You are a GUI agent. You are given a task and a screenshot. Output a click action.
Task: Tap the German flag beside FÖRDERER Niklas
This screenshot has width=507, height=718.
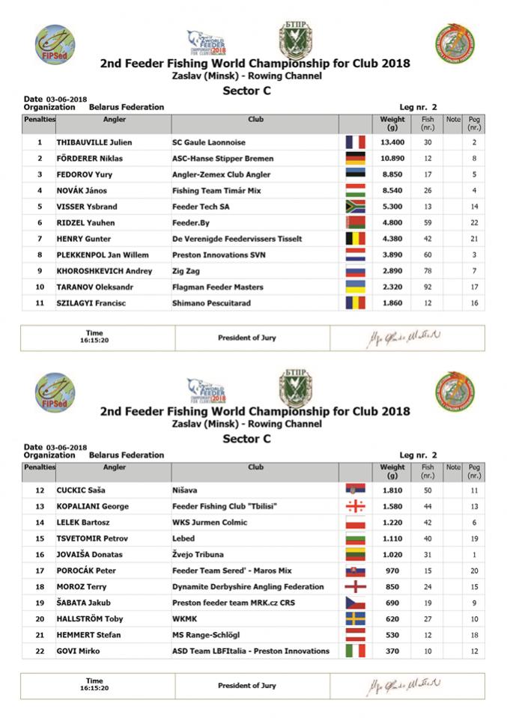354,159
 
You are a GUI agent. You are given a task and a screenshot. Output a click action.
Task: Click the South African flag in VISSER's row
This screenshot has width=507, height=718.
354,207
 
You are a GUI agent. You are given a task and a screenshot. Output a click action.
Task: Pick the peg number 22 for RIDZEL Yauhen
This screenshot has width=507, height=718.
474,223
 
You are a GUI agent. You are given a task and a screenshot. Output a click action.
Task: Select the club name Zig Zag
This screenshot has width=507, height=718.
187,271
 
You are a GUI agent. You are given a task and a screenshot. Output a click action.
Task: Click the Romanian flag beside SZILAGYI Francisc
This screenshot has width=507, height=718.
354,303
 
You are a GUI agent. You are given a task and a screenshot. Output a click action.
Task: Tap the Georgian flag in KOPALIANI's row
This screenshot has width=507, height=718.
354,506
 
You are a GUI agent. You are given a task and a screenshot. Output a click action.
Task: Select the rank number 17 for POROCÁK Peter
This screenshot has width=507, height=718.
39,571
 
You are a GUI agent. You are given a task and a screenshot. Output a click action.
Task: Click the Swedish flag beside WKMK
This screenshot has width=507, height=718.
354,619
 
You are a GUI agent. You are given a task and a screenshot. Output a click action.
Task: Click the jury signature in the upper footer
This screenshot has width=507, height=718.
404,337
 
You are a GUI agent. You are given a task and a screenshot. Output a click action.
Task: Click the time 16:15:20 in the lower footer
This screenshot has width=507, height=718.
94,687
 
